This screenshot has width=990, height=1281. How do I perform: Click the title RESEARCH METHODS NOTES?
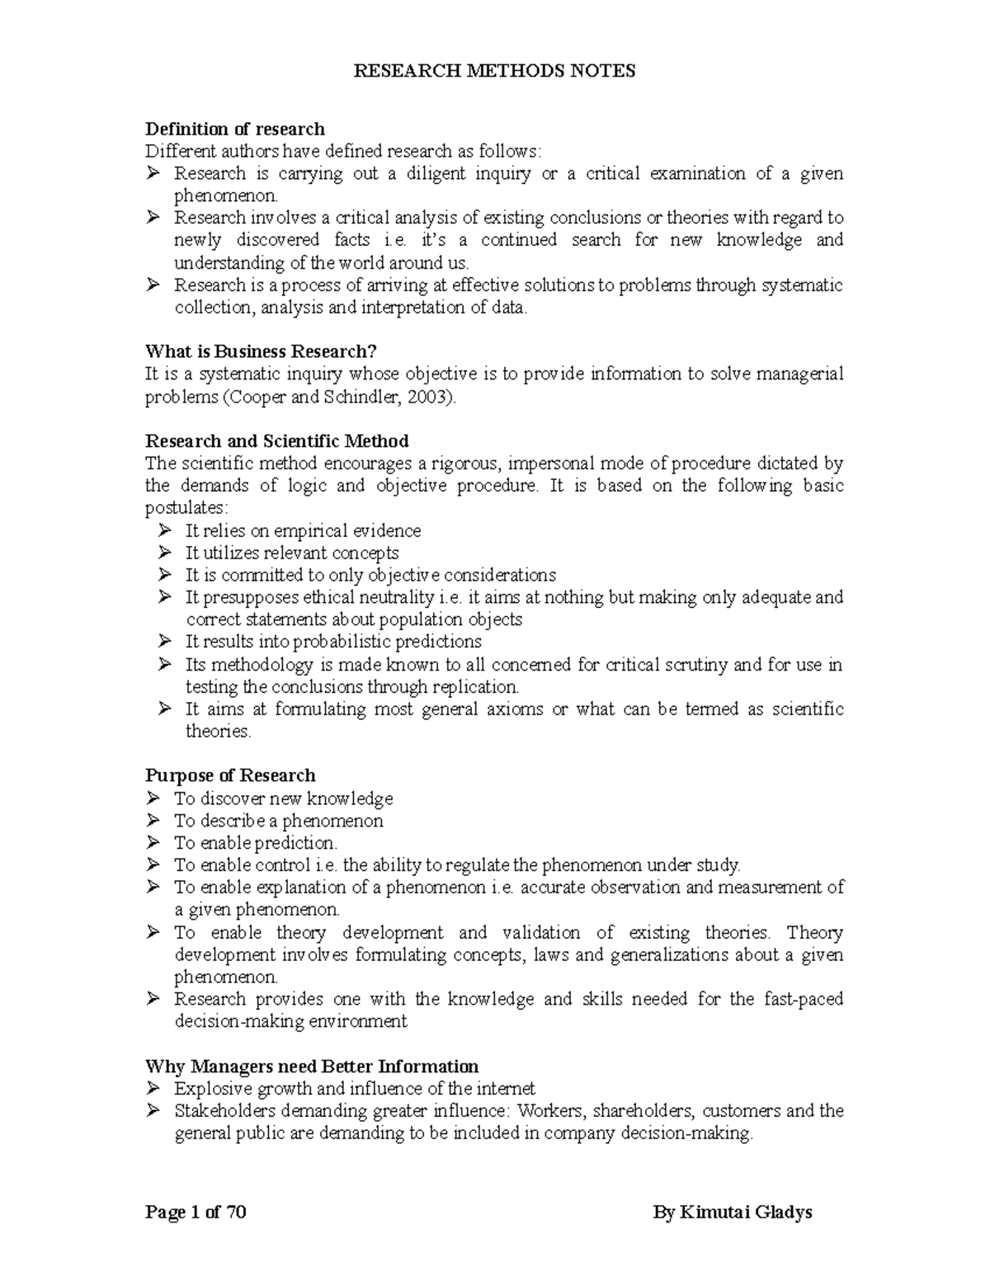(494, 71)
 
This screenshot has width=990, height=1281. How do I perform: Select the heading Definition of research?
(235, 129)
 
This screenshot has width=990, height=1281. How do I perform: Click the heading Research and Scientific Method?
(276, 440)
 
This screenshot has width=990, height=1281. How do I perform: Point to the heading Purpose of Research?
(230, 775)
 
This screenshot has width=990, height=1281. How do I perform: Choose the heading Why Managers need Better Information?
(312, 1066)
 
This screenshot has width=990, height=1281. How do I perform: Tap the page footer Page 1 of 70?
(196, 1213)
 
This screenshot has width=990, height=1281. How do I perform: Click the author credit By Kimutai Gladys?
(733, 1213)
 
